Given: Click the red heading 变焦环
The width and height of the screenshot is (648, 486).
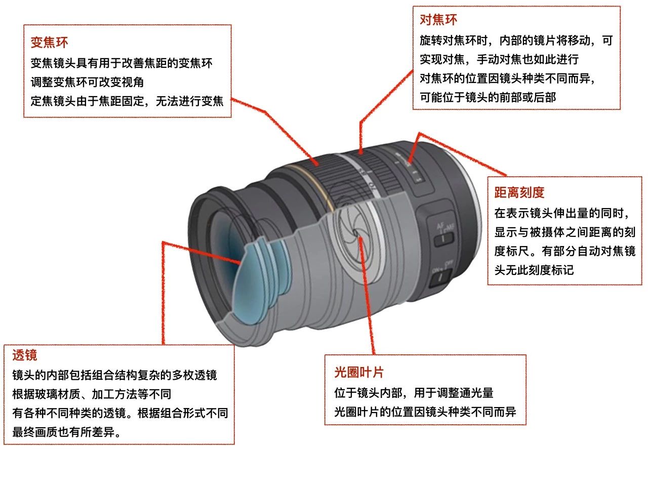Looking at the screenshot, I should [49, 42].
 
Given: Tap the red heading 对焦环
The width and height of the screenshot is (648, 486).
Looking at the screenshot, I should [438, 20].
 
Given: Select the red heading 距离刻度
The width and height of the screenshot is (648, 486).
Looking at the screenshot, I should [519, 192].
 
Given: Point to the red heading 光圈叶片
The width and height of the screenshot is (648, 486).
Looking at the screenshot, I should [359, 373].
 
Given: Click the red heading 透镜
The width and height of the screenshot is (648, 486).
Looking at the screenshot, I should [25, 355].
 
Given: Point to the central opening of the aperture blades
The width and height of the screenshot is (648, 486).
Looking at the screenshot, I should [357, 232].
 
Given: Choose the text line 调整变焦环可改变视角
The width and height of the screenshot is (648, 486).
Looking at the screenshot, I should [87, 82].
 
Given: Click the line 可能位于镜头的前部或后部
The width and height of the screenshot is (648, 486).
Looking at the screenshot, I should [488, 97].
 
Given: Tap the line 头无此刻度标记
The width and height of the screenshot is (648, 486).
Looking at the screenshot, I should [534, 270].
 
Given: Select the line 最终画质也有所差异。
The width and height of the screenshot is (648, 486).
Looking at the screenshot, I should [70, 432].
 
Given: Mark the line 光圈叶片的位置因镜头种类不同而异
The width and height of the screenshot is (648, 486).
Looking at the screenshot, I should [425, 412].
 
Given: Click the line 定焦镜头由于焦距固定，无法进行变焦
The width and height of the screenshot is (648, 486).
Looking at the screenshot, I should [127, 101].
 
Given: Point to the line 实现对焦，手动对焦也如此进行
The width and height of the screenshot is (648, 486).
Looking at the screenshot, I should [499, 59].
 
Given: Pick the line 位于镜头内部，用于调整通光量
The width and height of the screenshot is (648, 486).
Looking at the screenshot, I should [414, 393].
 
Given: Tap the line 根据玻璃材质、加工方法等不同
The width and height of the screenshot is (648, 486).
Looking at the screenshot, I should [92, 394].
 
